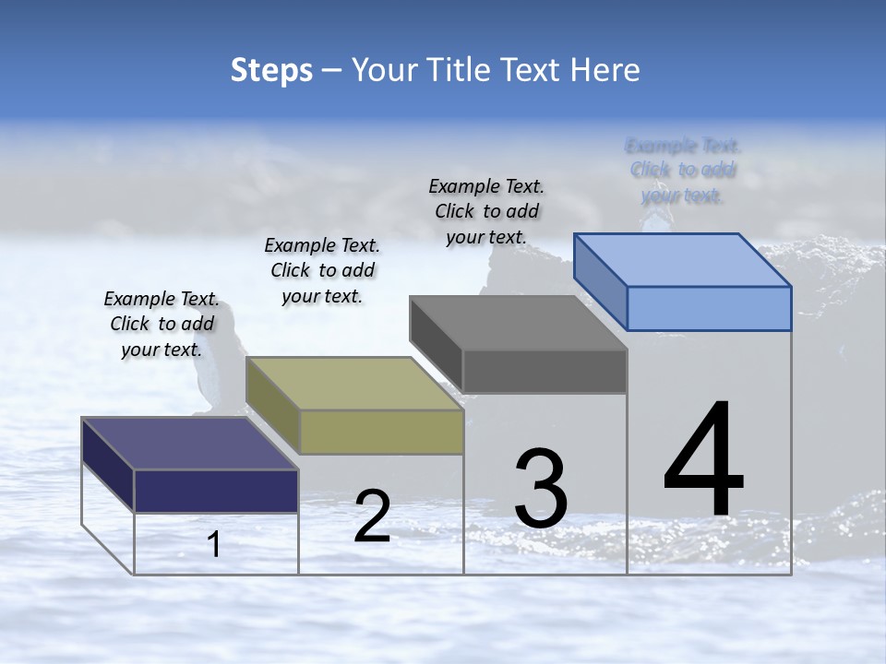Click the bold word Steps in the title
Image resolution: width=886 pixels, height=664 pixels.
271,70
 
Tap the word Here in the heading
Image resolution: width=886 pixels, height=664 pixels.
606,70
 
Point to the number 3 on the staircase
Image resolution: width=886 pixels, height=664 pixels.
541,489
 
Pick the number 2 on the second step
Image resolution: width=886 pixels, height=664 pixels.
372,516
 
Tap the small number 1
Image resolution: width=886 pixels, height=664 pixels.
214,544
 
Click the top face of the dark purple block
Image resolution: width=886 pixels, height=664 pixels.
190,444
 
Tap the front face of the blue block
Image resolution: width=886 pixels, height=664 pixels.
709,308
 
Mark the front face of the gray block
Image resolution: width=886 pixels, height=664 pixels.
545,371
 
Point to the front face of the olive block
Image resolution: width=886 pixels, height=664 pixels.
381,432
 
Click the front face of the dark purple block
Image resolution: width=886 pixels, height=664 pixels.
216,491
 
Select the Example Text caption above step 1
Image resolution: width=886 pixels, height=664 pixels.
162,324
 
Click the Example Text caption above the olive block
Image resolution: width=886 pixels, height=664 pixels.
322,270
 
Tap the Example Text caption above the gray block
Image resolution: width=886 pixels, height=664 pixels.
486,211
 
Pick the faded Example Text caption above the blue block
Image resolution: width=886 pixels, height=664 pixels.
683,170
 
